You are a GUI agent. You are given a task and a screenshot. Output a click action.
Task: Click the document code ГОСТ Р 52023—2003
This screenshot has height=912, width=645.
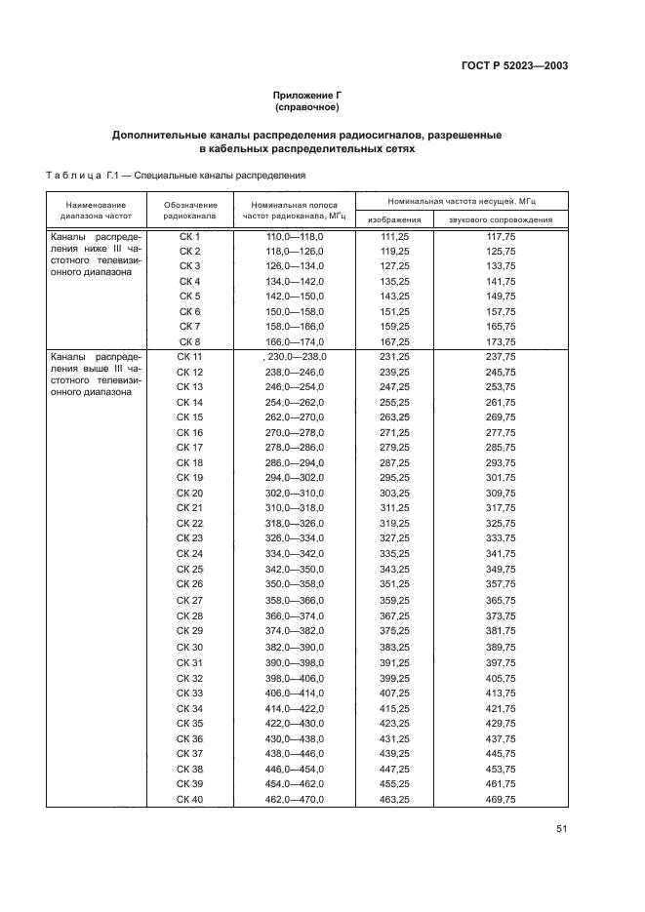point(514,66)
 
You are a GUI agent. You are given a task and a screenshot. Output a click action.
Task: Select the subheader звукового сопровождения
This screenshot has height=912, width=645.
point(501,220)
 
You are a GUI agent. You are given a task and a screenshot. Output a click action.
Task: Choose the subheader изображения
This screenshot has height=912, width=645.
point(394,220)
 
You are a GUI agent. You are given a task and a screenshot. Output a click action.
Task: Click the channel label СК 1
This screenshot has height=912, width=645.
point(190,237)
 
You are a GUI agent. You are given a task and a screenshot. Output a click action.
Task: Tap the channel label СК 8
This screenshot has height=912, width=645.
point(190,341)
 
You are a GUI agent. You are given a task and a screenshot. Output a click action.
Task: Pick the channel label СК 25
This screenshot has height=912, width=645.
point(190,569)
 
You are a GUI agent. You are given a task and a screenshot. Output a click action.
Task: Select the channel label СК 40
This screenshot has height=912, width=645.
point(190,800)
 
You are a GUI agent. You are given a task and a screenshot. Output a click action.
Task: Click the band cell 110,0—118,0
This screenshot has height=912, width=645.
point(295,237)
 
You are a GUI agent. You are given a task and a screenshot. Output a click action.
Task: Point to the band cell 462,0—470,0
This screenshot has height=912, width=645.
point(295,800)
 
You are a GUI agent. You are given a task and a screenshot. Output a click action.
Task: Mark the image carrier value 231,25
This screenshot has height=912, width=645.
point(394,358)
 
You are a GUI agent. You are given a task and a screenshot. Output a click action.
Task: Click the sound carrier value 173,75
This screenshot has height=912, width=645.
point(501,341)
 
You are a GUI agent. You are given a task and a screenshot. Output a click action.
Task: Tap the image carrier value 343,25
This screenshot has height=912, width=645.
point(394,569)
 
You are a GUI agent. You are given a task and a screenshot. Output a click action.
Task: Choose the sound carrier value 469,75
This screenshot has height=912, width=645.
point(501,800)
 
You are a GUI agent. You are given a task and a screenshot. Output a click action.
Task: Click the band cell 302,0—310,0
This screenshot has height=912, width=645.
point(295,494)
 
